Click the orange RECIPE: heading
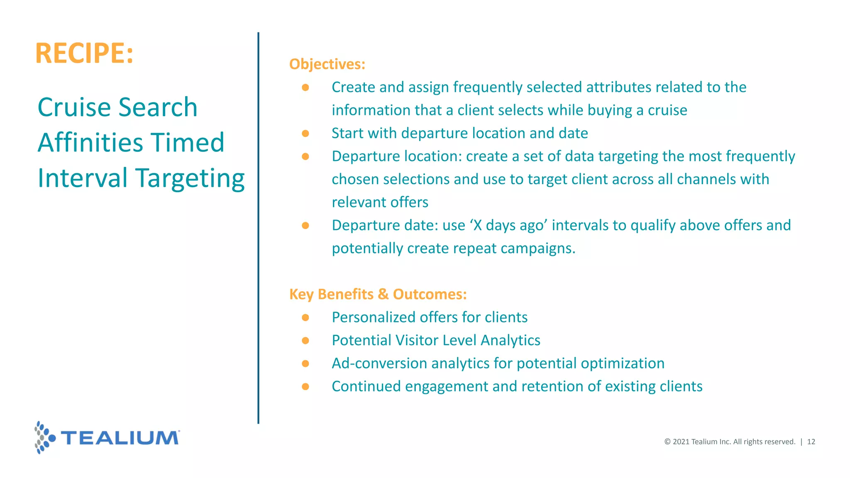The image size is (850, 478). click(84, 53)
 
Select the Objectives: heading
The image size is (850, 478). click(327, 64)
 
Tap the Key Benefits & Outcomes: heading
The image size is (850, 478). click(378, 294)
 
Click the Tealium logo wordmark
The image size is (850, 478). click(120, 438)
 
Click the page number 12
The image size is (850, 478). click(811, 442)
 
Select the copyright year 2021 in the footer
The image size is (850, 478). click(681, 442)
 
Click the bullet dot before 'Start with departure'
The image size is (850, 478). click(305, 134)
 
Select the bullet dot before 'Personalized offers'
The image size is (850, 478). click(305, 318)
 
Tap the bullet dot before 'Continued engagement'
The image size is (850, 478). click(305, 387)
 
